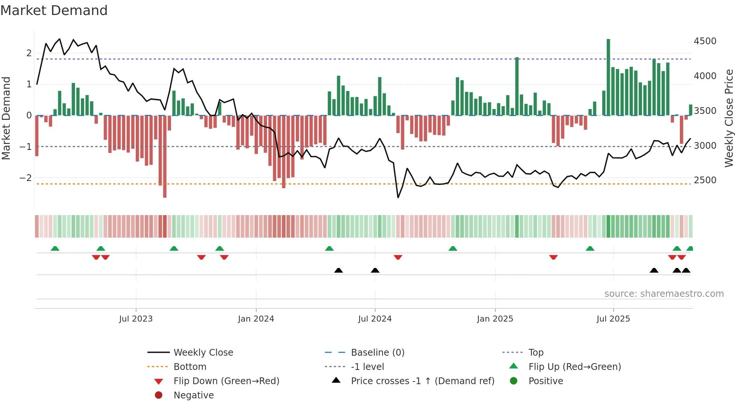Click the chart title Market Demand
[x=54, y=10]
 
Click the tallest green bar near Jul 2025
[x=608, y=77]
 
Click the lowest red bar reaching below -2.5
[x=165, y=156]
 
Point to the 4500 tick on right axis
[x=705, y=41]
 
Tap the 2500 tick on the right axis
[x=705, y=180]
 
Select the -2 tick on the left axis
[x=25, y=178]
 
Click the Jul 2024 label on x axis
[x=375, y=319]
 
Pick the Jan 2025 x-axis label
[x=495, y=319]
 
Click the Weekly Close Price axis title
[x=729, y=118]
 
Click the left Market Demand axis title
[x=6, y=118]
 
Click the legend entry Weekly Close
[x=203, y=353]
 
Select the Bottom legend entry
[x=190, y=367]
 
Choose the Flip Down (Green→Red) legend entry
[x=226, y=381]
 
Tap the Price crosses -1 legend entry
[x=423, y=381]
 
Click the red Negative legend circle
[x=159, y=395]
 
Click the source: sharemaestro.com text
[x=664, y=294]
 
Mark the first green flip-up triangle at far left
[x=55, y=248]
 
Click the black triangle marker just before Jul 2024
[x=375, y=270]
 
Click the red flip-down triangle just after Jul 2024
[x=398, y=257]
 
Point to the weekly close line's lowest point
[x=398, y=198]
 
